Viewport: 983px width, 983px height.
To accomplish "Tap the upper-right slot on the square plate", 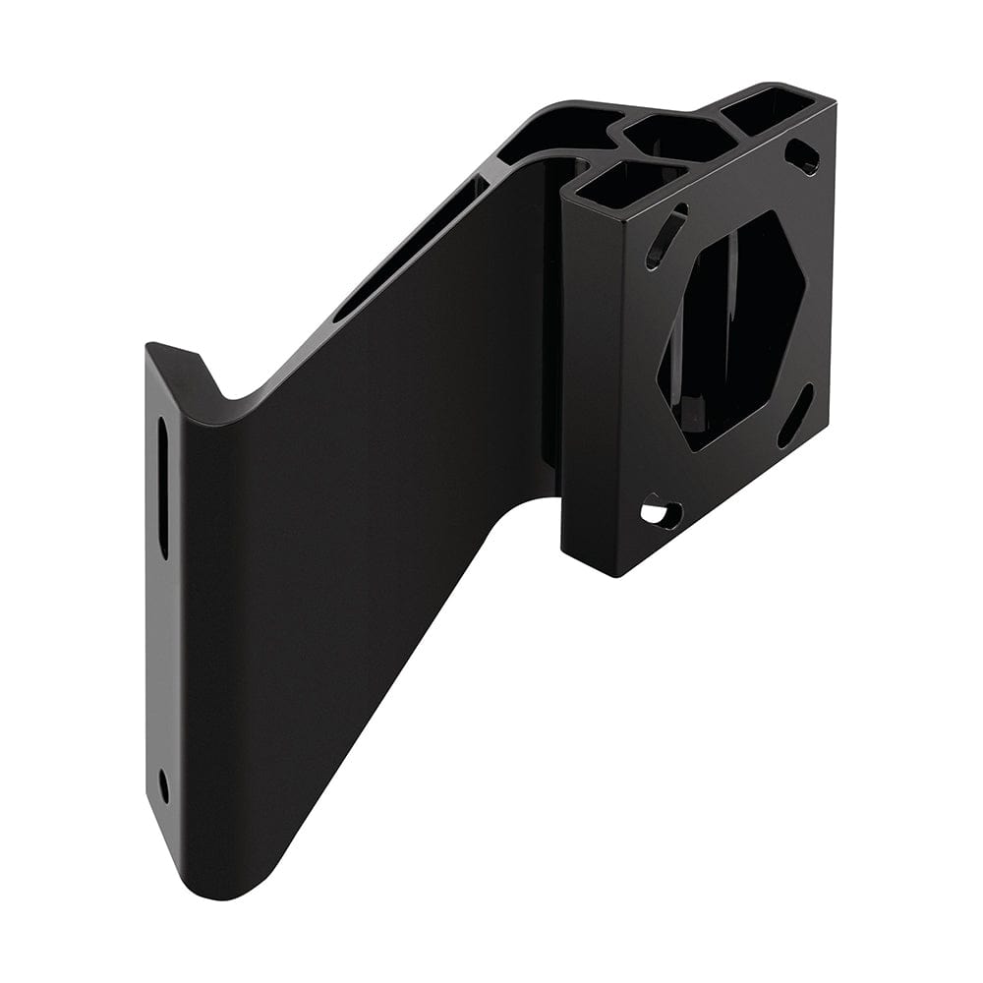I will pos(803,155).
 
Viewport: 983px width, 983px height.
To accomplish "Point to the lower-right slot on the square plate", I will pos(795,415).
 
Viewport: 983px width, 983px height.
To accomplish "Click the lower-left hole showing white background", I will pos(661,512).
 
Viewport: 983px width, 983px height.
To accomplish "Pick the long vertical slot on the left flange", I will pos(163,487).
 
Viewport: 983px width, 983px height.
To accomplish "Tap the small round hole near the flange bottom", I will pos(163,784).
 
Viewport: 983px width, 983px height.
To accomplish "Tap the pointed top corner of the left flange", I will pos(152,346).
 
